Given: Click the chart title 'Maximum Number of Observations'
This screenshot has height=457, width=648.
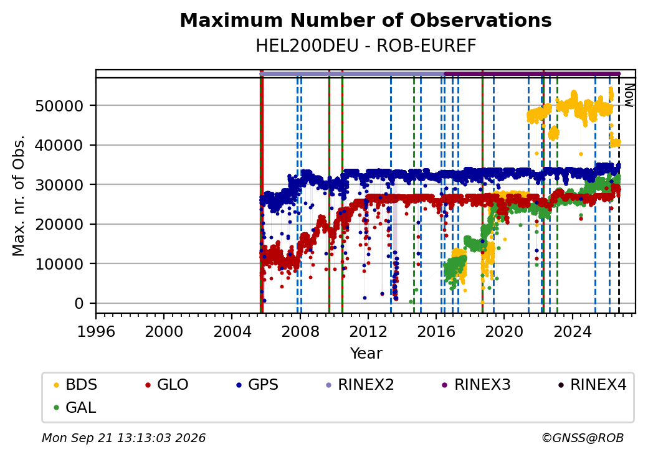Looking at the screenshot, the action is pyautogui.click(x=366, y=20).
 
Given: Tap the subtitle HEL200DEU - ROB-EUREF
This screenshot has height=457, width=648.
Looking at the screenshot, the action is pyautogui.click(x=366, y=46).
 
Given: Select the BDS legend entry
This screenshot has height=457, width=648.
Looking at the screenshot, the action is pyautogui.click(x=75, y=385).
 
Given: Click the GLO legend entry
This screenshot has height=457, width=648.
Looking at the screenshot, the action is pyautogui.click(x=167, y=385).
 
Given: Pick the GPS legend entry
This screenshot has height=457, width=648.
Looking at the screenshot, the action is pyautogui.click(x=257, y=385).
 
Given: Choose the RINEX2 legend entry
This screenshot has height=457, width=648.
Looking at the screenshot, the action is pyautogui.click(x=360, y=385).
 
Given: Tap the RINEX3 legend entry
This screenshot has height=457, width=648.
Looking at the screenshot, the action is pyautogui.click(x=477, y=385).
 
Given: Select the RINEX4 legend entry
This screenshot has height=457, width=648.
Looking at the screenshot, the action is pyautogui.click(x=593, y=385).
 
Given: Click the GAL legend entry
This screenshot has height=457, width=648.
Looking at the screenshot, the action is pyautogui.click(x=75, y=407).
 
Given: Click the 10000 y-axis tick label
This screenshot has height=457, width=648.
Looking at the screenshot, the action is pyautogui.click(x=60, y=264).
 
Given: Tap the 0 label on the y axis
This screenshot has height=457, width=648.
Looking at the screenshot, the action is pyautogui.click(x=79, y=304).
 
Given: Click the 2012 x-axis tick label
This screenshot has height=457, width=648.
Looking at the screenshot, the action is pyautogui.click(x=368, y=331).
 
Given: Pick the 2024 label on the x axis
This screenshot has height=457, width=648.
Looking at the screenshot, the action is pyautogui.click(x=572, y=331).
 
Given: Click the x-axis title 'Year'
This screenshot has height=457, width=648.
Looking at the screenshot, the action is pyautogui.click(x=366, y=354).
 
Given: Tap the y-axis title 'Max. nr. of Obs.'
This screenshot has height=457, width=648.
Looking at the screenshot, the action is pyautogui.click(x=19, y=196).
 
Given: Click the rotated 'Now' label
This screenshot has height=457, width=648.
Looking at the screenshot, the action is pyautogui.click(x=629, y=95).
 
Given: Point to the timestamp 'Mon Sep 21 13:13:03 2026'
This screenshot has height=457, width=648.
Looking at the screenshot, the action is pyautogui.click(x=124, y=438).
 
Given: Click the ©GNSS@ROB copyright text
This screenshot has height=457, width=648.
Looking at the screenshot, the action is pyautogui.click(x=583, y=438).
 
